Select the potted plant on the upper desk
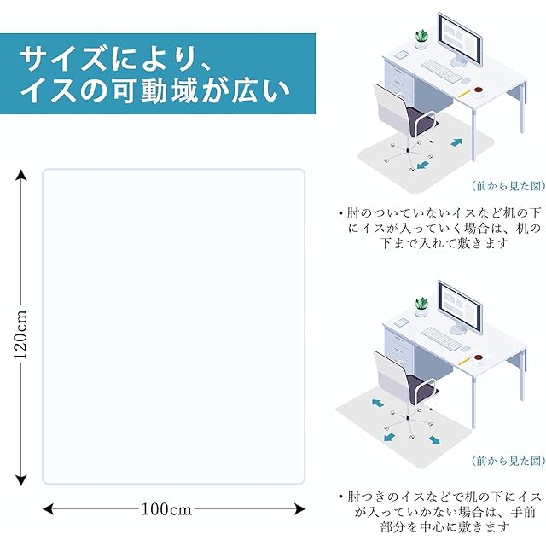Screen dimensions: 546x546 421,38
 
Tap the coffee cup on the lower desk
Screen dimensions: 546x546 479,357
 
